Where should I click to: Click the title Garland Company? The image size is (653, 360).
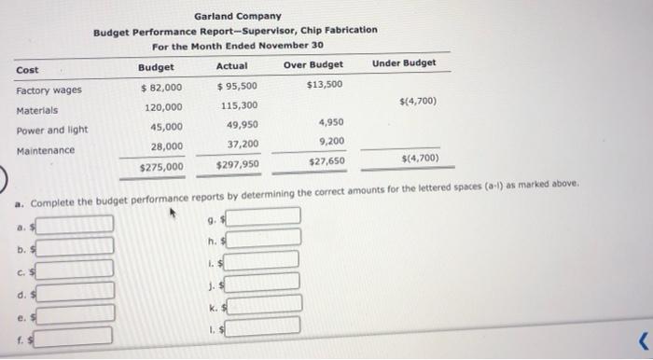[238, 16]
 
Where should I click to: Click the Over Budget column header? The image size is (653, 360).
[313, 64]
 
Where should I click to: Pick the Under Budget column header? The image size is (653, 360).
[404, 62]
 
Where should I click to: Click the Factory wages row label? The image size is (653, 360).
[49, 90]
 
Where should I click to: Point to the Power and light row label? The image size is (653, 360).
[52, 131]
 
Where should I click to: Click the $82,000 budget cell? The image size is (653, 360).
[160, 87]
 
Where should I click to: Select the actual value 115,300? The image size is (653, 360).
[240, 106]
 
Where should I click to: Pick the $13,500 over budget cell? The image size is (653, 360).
[324, 84]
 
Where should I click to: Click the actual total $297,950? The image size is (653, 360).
[238, 165]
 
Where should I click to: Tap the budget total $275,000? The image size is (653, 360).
[160, 166]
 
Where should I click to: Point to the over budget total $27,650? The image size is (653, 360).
[326, 161]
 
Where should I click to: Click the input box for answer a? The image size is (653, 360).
[76, 224]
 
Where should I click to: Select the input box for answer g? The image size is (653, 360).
[264, 217]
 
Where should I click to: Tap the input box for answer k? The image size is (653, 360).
[264, 304]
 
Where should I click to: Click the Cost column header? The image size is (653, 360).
[27, 70]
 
